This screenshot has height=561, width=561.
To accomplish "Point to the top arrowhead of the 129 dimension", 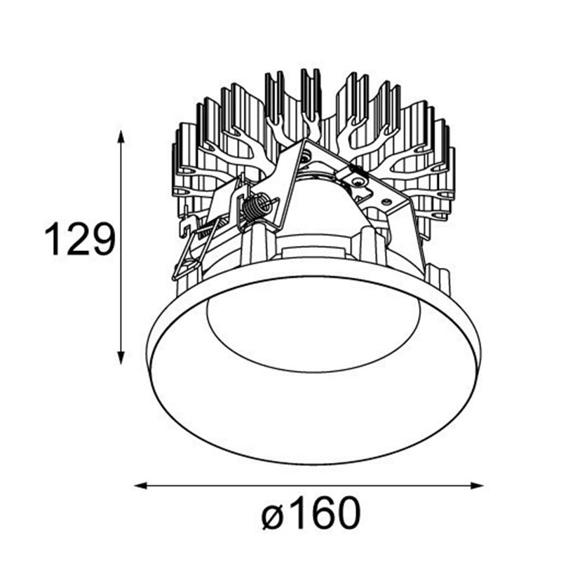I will (122, 135).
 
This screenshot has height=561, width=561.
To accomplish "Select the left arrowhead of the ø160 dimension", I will (139, 485).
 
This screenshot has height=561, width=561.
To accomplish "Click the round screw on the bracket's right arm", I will (358, 182).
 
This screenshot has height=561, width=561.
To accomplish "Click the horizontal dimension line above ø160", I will (309, 485).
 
